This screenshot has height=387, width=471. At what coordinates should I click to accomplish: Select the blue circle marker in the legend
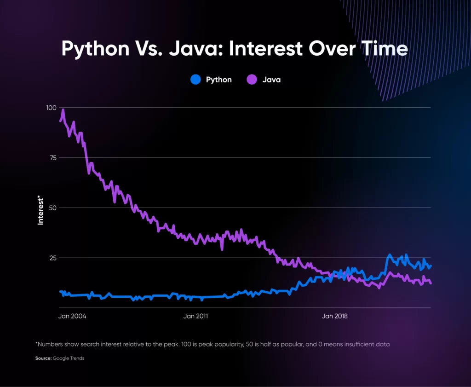(195, 80)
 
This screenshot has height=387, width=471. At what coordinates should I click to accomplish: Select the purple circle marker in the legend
(252, 80)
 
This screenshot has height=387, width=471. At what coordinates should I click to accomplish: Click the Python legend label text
(218, 80)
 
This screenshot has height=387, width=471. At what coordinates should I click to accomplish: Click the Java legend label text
(271, 80)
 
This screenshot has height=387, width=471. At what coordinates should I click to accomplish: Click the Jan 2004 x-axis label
(72, 316)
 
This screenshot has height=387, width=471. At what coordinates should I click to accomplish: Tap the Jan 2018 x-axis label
(334, 316)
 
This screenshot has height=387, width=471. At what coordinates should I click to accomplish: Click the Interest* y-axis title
(40, 210)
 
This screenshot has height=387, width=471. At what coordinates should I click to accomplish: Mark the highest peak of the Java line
(63, 110)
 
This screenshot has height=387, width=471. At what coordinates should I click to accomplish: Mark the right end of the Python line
(431, 266)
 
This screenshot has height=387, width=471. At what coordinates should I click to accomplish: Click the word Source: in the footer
(43, 358)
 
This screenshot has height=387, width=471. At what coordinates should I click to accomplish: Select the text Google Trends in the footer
(69, 358)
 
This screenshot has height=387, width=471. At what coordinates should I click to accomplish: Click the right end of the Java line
(431, 283)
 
